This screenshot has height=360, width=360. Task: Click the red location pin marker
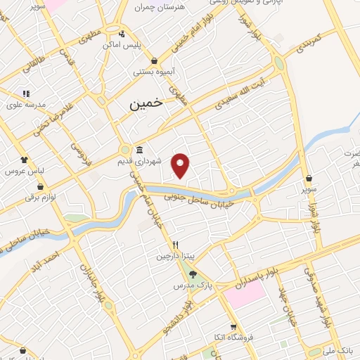(181, 165)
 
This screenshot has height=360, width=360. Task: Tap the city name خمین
(146, 103)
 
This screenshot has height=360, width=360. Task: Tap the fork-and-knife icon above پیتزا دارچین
(176, 245)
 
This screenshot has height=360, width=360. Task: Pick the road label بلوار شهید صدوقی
(333, 300)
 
